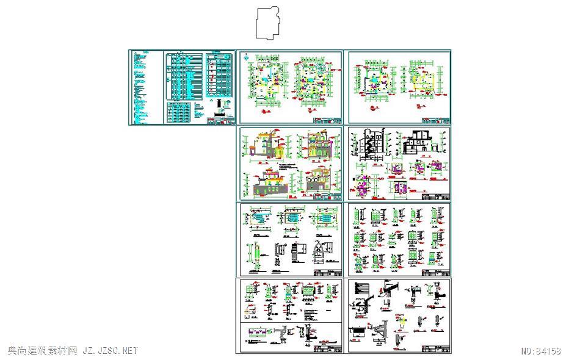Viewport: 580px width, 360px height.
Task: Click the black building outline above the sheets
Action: (267, 23)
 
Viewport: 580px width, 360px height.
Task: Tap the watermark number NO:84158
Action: (541, 351)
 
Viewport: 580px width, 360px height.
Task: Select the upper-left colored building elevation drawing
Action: (264, 146)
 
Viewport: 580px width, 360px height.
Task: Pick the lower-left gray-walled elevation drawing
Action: (266, 183)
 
